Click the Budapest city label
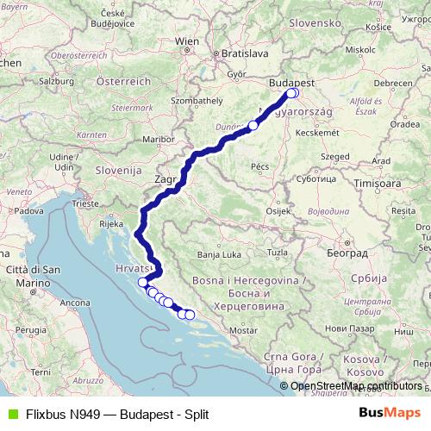pyautogui.click(x=292, y=81)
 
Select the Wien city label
pyautogui.click(x=186, y=41)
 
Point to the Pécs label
pyautogui.click(x=260, y=165)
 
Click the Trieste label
pyautogui.click(x=85, y=203)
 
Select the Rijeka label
pyautogui.click(x=111, y=223)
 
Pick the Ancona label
pyautogui.click(x=74, y=303)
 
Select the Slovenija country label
pyautogui.click(x=118, y=170)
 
